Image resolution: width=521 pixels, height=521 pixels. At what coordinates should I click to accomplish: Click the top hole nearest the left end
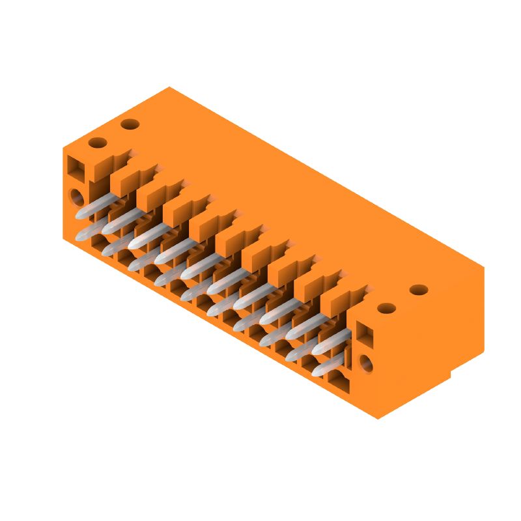(x=97, y=143)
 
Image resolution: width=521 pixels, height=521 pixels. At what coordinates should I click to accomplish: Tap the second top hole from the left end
(x=130, y=124)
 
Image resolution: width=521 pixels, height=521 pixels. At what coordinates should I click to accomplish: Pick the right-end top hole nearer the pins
(x=387, y=307)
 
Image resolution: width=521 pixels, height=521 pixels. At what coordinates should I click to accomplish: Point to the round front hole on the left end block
(x=77, y=195)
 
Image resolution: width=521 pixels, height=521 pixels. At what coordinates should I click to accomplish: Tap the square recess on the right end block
(x=365, y=336)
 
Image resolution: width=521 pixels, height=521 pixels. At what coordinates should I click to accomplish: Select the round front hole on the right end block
(x=367, y=363)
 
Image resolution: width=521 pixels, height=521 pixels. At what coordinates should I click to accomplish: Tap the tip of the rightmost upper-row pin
(x=317, y=350)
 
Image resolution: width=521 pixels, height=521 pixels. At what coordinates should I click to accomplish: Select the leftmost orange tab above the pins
(x=98, y=169)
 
